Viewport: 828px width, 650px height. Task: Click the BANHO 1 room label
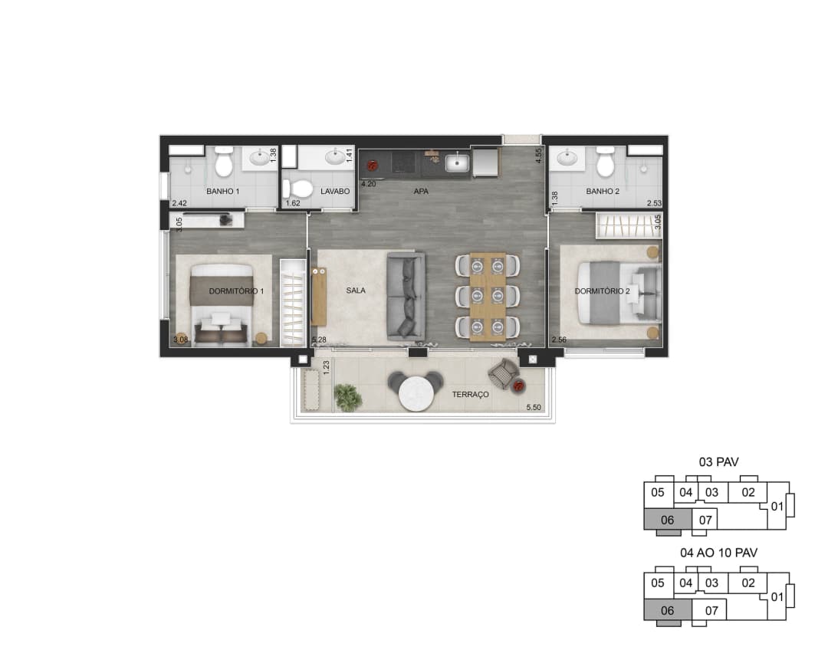tap(222, 191)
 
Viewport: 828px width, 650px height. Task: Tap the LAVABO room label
tap(335, 191)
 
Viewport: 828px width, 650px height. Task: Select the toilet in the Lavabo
tap(297, 188)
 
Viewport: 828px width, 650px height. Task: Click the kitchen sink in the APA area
tap(457, 162)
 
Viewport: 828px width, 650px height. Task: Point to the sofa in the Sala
tap(406, 296)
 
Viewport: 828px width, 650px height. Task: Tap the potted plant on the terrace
tap(348, 396)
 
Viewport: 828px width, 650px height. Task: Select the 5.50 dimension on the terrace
tap(534, 408)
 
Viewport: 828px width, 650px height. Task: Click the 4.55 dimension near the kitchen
tap(538, 156)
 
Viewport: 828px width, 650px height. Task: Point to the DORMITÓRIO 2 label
tap(602, 291)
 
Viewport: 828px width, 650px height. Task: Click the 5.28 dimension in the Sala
tap(319, 340)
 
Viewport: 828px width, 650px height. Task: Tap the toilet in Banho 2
tap(605, 162)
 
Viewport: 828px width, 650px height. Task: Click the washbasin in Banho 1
tap(259, 158)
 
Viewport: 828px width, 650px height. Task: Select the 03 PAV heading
tap(718, 462)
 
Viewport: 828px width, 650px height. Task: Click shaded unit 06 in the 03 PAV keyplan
tap(668, 520)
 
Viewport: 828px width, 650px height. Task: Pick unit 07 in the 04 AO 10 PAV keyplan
tap(711, 611)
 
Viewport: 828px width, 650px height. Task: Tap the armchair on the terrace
tap(504, 375)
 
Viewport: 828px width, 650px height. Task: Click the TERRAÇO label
tap(471, 395)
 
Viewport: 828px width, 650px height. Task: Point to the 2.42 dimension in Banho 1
tap(179, 203)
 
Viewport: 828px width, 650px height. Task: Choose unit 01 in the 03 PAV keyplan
tap(777, 507)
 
